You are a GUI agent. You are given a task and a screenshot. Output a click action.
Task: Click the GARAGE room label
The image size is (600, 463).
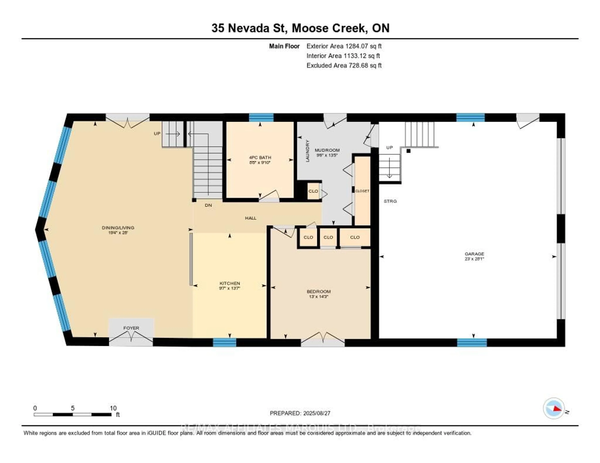[474, 254]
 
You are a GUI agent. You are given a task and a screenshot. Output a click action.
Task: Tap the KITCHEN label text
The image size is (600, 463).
[230, 283]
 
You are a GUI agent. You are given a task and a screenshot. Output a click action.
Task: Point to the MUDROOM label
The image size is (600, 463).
[327, 150]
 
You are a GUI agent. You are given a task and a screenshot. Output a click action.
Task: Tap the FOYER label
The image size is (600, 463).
[131, 328]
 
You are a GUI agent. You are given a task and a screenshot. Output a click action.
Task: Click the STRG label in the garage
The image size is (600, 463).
[390, 201]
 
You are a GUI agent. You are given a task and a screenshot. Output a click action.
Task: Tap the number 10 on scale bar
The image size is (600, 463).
[113, 408]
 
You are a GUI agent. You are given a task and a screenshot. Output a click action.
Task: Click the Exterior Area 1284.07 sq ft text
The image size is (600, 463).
[344, 46]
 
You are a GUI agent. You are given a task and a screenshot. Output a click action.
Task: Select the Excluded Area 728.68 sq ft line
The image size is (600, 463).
[344, 65]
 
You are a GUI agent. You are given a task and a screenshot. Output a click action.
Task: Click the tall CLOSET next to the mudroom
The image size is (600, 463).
[362, 191]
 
